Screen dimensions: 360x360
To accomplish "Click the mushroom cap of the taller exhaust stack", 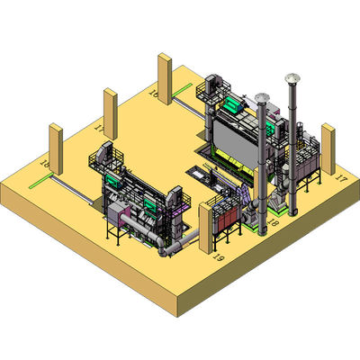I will [x=291, y=77].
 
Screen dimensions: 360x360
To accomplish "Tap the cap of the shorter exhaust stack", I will [x=262, y=96].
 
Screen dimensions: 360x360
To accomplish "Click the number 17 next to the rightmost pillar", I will [x=339, y=179].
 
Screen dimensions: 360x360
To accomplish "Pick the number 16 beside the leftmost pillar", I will [x=44, y=164].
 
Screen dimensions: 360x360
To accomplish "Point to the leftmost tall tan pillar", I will [x=54, y=149].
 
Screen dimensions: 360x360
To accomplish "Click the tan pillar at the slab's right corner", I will [x=328, y=148].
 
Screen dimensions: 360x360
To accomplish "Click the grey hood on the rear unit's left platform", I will [x=211, y=82].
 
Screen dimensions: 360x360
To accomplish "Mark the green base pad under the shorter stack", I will [x=261, y=232].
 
